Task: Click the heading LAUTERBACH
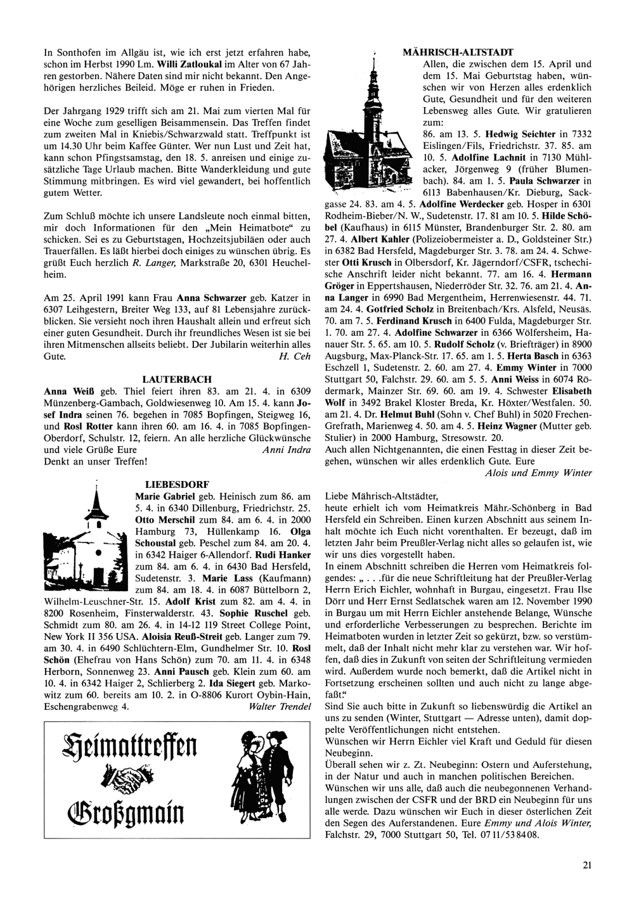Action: click(177, 380)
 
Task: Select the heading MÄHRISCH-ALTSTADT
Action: click(458, 52)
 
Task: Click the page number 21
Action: click(586, 862)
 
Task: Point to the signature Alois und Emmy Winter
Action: click(538, 472)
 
